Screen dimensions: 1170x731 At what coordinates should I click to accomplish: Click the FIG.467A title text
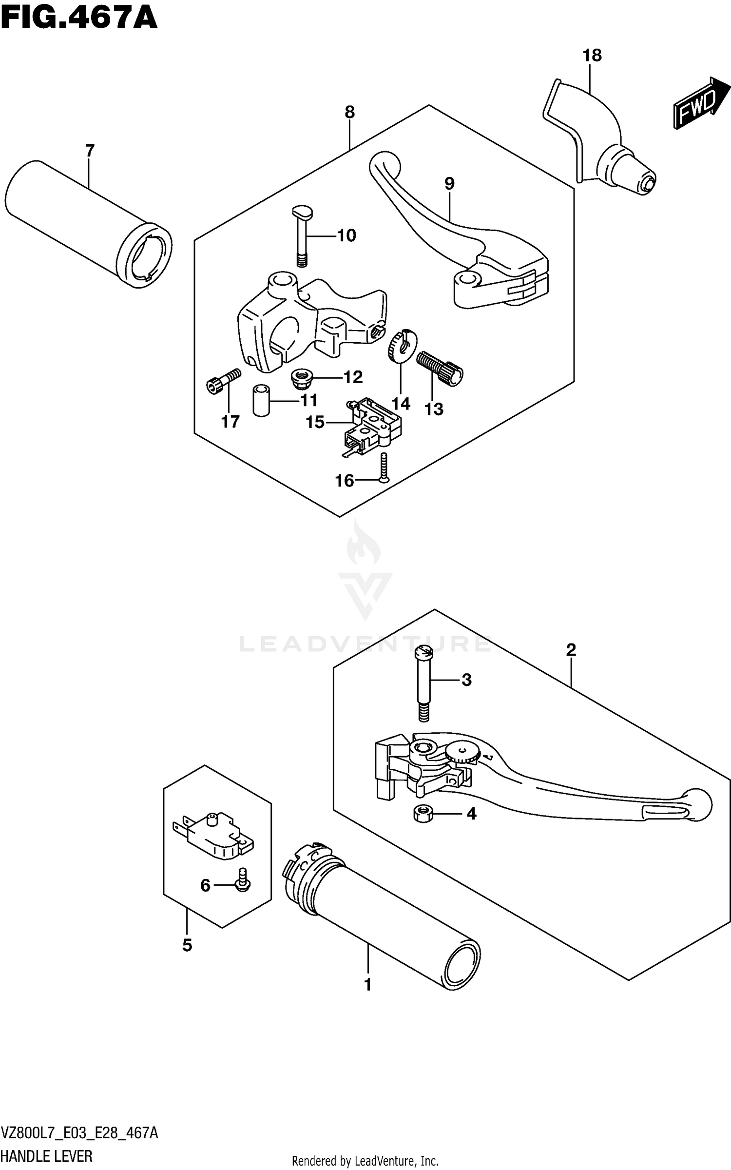click(79, 19)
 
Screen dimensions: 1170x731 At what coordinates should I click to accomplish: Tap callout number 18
click(592, 55)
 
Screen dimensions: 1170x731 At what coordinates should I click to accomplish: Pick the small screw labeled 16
click(384, 467)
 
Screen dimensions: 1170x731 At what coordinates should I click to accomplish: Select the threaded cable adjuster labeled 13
click(440, 369)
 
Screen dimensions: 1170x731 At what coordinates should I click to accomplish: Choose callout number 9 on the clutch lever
click(449, 184)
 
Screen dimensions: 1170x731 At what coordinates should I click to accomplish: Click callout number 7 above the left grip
click(90, 151)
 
